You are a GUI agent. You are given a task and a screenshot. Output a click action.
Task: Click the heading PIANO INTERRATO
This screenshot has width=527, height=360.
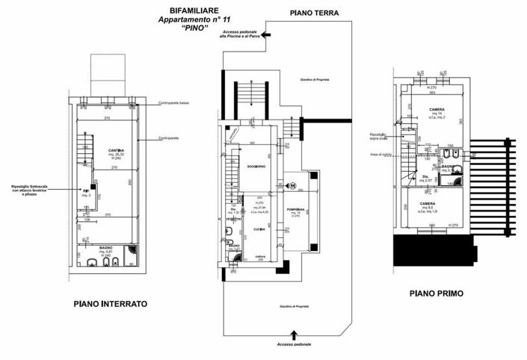coord(110,304)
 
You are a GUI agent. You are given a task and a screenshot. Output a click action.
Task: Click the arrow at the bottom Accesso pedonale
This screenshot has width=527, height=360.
coord(292,333)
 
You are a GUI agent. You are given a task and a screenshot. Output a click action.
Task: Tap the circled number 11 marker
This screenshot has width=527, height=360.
coord(293,186)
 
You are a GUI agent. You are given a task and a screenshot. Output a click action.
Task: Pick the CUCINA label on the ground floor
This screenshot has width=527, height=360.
coord(259,229)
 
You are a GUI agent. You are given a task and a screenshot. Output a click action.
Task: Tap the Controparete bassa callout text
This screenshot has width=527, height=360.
coord(178,103)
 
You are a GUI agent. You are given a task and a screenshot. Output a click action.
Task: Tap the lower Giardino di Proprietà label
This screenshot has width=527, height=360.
coord(295,307)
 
